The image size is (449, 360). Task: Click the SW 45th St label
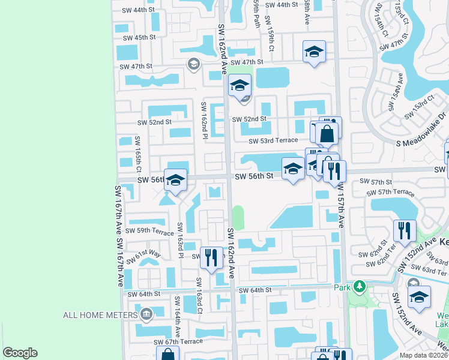point(139,37)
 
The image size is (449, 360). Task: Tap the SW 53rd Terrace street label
point(274,140)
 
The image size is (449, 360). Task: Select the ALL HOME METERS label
point(100,314)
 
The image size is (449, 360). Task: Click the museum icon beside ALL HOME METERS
point(146,314)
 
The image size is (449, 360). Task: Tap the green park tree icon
point(360,287)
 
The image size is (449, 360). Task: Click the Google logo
point(20,353)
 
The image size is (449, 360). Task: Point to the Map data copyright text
point(423,355)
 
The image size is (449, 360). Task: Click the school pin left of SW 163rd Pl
point(175,180)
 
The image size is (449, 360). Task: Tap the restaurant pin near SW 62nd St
point(405,230)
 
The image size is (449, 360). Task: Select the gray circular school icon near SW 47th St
point(193,64)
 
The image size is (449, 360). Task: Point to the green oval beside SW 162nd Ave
point(238,217)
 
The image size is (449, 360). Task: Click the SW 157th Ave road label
point(341,208)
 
